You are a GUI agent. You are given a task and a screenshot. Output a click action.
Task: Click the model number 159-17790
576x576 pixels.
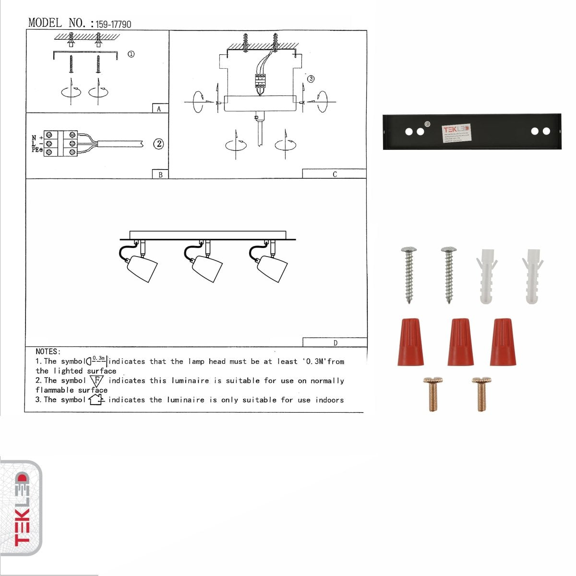pos(113,24)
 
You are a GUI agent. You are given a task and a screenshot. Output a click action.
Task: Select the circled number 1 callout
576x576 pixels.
pos(131,54)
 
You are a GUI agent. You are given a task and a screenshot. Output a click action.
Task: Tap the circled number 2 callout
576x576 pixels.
pos(158,144)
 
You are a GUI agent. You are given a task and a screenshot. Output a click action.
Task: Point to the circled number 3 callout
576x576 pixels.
pos(311,79)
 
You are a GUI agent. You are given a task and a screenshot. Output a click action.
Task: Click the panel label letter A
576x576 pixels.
pos(159,109)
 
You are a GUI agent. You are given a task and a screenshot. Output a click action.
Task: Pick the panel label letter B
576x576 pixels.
pos(160,175)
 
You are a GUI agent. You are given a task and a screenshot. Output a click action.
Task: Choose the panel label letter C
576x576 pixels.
pos(335,174)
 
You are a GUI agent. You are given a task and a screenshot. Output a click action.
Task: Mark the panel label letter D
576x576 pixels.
pos(335,343)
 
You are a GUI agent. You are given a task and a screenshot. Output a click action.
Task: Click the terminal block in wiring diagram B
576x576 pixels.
pos(61,143)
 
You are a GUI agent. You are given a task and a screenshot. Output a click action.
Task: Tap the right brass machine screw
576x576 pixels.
pos(481,394)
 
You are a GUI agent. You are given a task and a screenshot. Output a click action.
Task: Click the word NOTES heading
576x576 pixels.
pos(48,352)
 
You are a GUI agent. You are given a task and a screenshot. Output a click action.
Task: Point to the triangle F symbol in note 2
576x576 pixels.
pos(97,381)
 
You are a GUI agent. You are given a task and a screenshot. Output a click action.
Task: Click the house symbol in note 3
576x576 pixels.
pos(96,400)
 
